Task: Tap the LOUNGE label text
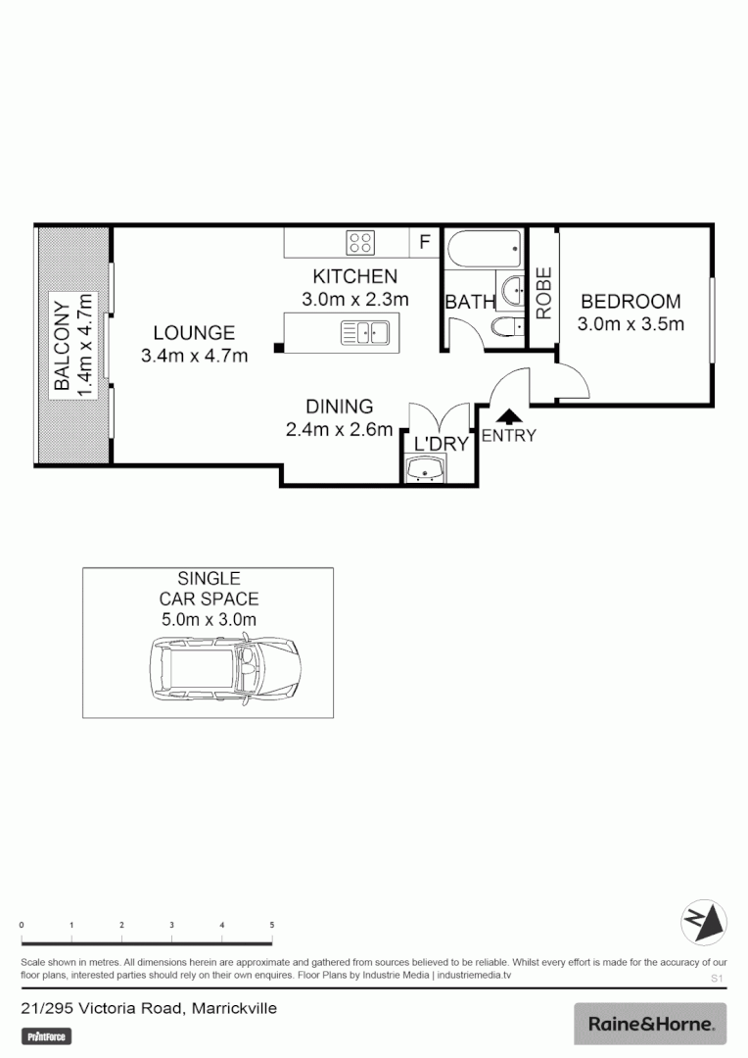coord(194,333)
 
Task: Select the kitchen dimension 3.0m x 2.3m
coord(354,299)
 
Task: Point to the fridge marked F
coord(425,242)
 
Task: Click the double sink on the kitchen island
coord(364,333)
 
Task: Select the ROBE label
coord(543,293)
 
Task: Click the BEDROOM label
coord(630,302)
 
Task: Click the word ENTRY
coord(508,436)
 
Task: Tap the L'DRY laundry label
coord(441,444)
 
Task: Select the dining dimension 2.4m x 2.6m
coord(339,428)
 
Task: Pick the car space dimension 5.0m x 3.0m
coord(209,619)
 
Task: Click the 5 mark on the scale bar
coord(272,925)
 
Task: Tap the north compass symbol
coord(703,921)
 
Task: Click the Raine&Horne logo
coord(649,1025)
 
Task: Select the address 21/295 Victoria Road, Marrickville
coord(150,1008)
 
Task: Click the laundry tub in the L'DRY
coord(426,472)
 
